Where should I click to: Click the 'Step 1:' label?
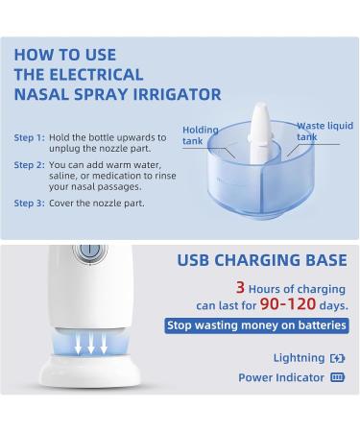tap(28, 137)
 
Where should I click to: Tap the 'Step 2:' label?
tap(28, 165)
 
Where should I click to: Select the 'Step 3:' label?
tap(28, 204)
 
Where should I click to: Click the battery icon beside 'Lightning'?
tap(336, 357)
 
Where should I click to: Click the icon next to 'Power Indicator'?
tap(336, 377)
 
